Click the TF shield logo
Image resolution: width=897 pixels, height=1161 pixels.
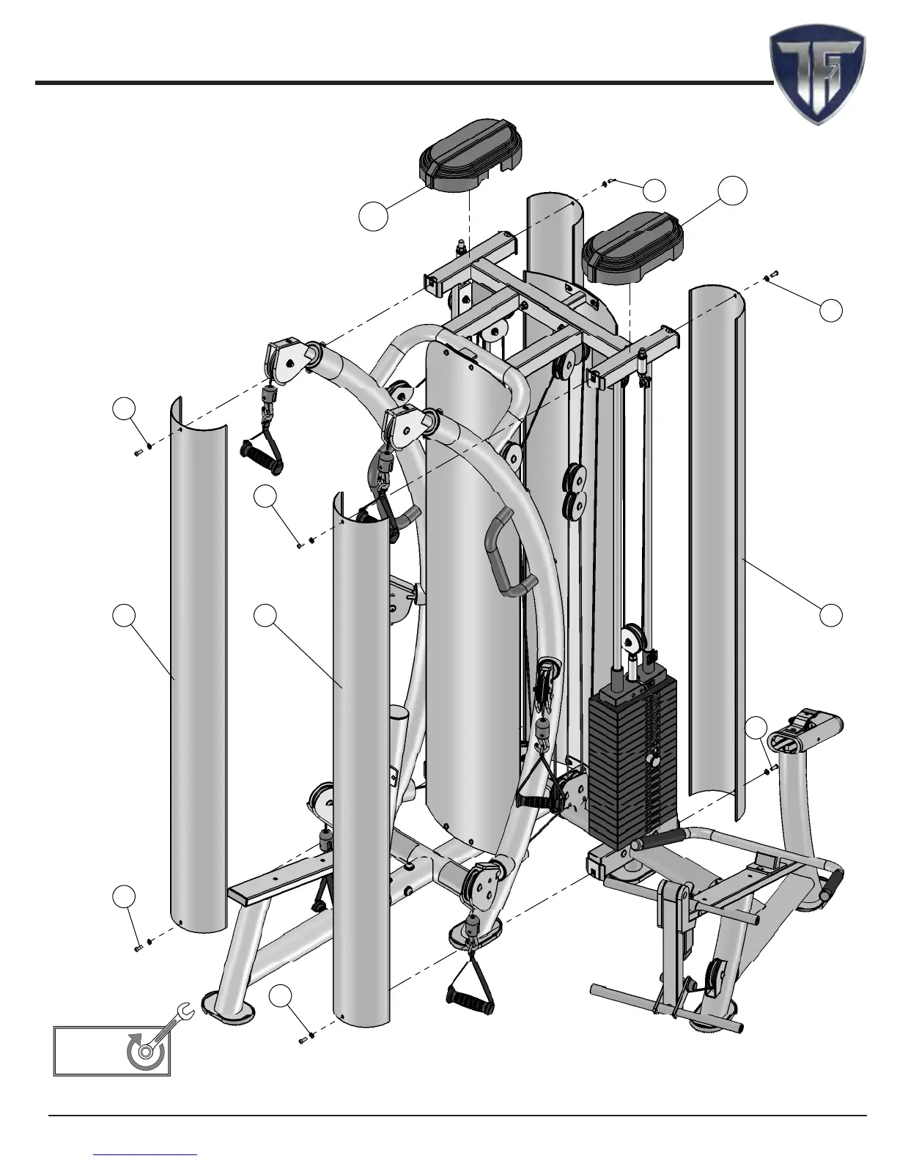click(817, 74)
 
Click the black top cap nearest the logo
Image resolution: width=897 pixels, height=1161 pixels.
click(632, 248)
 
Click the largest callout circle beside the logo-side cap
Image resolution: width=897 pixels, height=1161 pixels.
click(732, 191)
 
